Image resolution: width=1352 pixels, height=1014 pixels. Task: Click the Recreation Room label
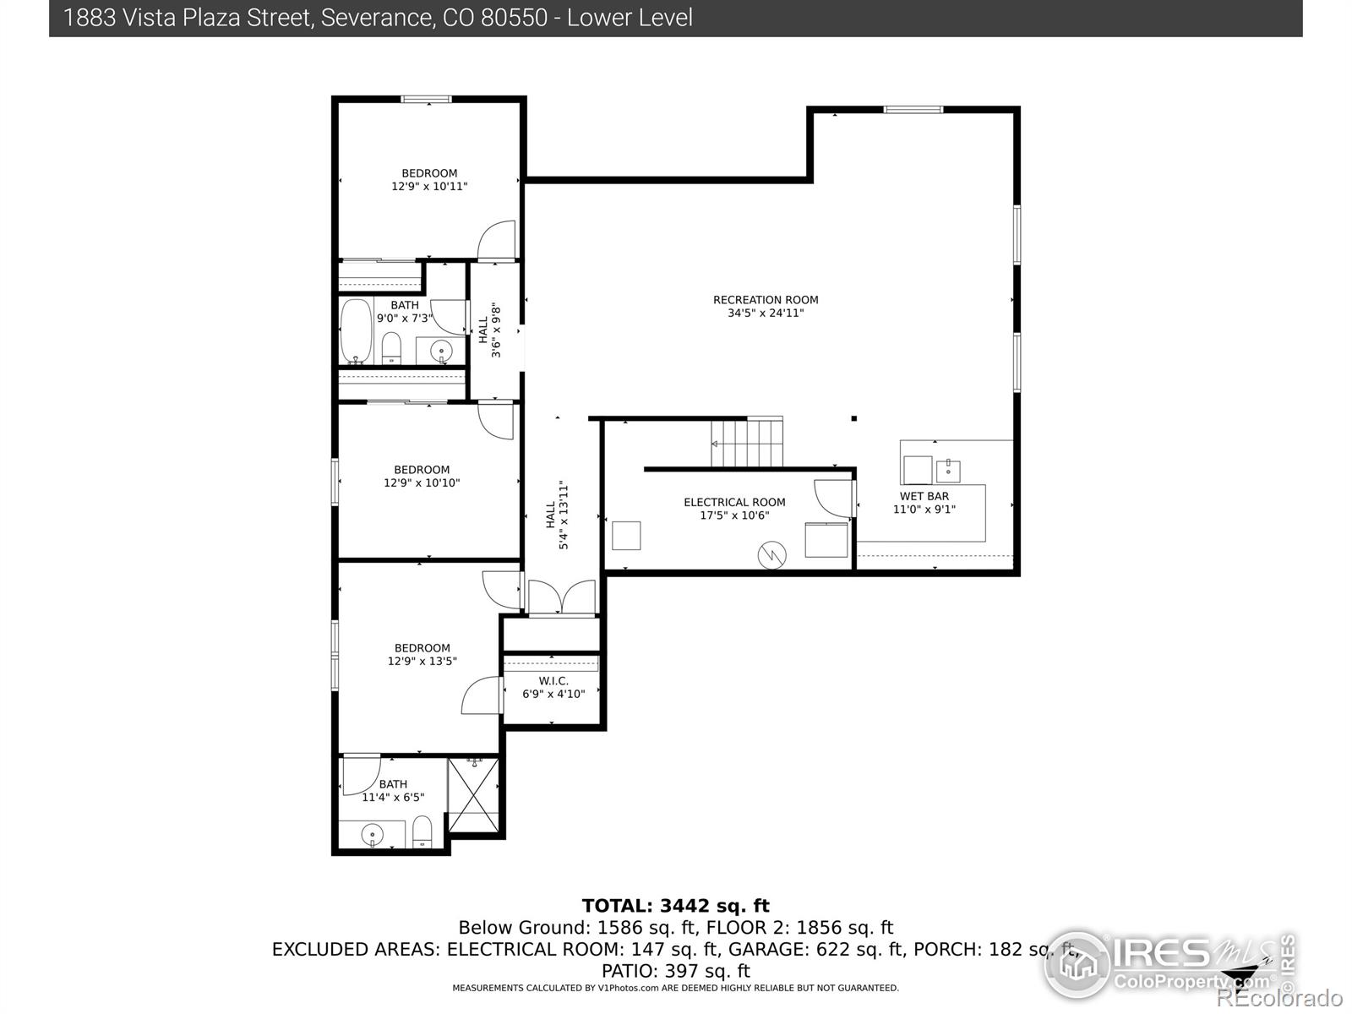pos(766,300)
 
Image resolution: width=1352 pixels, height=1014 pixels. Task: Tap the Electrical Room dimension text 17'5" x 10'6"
pos(734,515)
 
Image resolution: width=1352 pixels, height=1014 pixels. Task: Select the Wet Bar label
pos(924,496)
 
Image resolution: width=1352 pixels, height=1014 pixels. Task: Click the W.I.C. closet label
pos(553,681)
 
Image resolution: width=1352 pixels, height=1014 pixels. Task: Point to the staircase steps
pos(746,444)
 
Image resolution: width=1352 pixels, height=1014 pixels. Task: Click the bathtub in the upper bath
pos(356,332)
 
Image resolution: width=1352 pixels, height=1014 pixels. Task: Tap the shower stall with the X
pos(473,795)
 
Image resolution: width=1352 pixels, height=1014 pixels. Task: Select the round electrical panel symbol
pos(771,555)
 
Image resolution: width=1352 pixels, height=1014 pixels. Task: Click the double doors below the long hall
pos(562,597)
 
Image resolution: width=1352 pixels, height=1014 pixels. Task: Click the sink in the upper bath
pos(441,352)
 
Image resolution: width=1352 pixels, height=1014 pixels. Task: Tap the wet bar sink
pos(948,471)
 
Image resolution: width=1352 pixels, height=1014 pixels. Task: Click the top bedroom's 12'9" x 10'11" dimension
pos(429,187)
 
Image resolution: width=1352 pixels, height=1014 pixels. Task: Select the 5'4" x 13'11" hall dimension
pos(564,515)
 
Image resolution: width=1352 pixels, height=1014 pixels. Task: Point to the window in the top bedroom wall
pos(426,99)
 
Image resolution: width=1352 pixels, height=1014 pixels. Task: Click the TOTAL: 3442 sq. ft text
pos(676,906)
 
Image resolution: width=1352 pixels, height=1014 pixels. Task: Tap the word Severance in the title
pos(375,18)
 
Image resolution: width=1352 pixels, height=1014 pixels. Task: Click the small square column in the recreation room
pos(853,418)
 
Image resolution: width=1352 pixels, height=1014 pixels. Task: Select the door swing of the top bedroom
pos(497,240)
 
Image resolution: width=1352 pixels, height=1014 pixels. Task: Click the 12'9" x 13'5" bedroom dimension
pos(422,662)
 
